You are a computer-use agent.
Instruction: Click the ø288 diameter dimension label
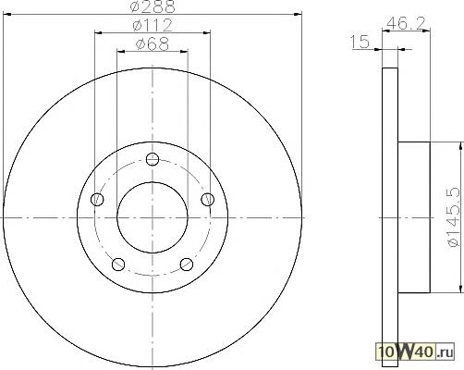[153, 6]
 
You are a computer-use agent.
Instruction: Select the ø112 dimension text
[153, 25]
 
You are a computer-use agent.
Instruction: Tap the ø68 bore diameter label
[153, 44]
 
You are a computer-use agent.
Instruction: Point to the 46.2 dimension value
[406, 23]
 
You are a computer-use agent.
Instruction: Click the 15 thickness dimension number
[360, 42]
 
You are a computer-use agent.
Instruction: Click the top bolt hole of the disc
[153, 159]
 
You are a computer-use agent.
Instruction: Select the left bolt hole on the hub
[97, 200]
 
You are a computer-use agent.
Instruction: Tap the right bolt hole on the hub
[207, 200]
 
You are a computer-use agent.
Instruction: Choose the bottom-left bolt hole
[118, 265]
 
